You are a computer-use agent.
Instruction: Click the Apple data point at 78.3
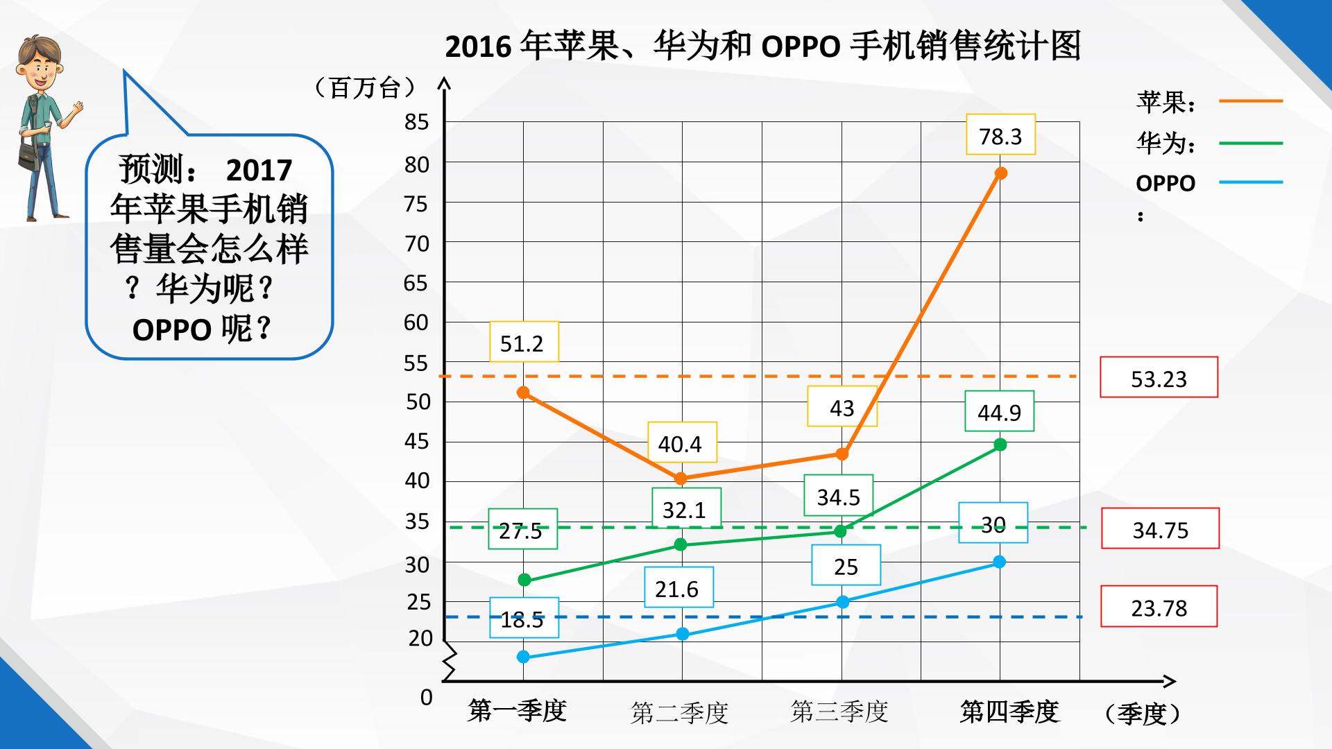(x=1000, y=173)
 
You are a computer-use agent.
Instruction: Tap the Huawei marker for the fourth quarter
(x=1000, y=445)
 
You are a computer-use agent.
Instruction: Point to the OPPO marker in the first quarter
(x=523, y=657)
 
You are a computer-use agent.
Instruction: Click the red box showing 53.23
(x=1159, y=377)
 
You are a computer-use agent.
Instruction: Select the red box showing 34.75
(x=1160, y=528)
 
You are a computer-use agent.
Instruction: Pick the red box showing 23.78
(x=1159, y=607)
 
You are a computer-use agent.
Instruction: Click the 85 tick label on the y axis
(x=417, y=122)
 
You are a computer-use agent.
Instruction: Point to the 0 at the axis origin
(x=427, y=697)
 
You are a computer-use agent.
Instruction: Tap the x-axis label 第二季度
(x=679, y=712)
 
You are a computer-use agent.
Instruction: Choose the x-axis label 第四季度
(x=1009, y=712)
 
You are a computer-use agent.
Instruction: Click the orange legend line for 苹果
(x=1251, y=101)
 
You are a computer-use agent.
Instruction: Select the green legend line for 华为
(x=1251, y=144)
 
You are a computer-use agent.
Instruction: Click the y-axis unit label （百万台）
(x=365, y=88)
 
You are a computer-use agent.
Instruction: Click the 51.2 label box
(x=524, y=341)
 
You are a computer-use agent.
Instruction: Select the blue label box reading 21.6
(x=678, y=587)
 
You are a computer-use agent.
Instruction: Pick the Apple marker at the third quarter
(x=842, y=454)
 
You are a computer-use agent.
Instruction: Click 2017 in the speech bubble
(x=259, y=170)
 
